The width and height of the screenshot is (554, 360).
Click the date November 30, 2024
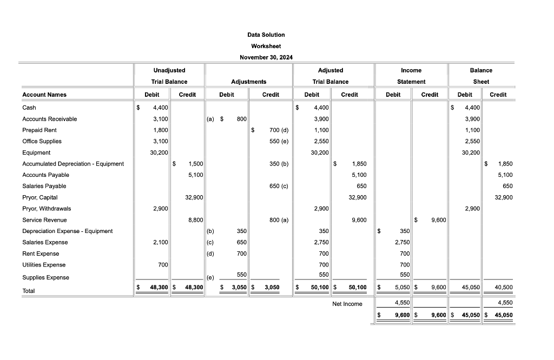pos(266,57)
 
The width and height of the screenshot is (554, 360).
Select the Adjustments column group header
pos(248,82)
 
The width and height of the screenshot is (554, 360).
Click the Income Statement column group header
pos(411,76)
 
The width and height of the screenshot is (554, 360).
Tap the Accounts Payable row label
pos(45,175)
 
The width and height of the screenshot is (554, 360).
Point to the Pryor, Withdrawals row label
pos(47,208)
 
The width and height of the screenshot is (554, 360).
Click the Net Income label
pos(347,304)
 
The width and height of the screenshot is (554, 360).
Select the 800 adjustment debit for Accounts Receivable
pos(242,119)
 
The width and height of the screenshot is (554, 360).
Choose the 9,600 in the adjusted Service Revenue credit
pos(359,220)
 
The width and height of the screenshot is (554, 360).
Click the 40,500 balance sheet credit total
pos(504,288)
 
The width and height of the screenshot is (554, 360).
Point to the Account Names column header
pos(44,95)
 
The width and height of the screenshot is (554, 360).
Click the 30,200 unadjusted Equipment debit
pos(158,152)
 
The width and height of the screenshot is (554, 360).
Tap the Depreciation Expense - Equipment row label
pos(67,231)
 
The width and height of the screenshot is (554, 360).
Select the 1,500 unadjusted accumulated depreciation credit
pos(195,164)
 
